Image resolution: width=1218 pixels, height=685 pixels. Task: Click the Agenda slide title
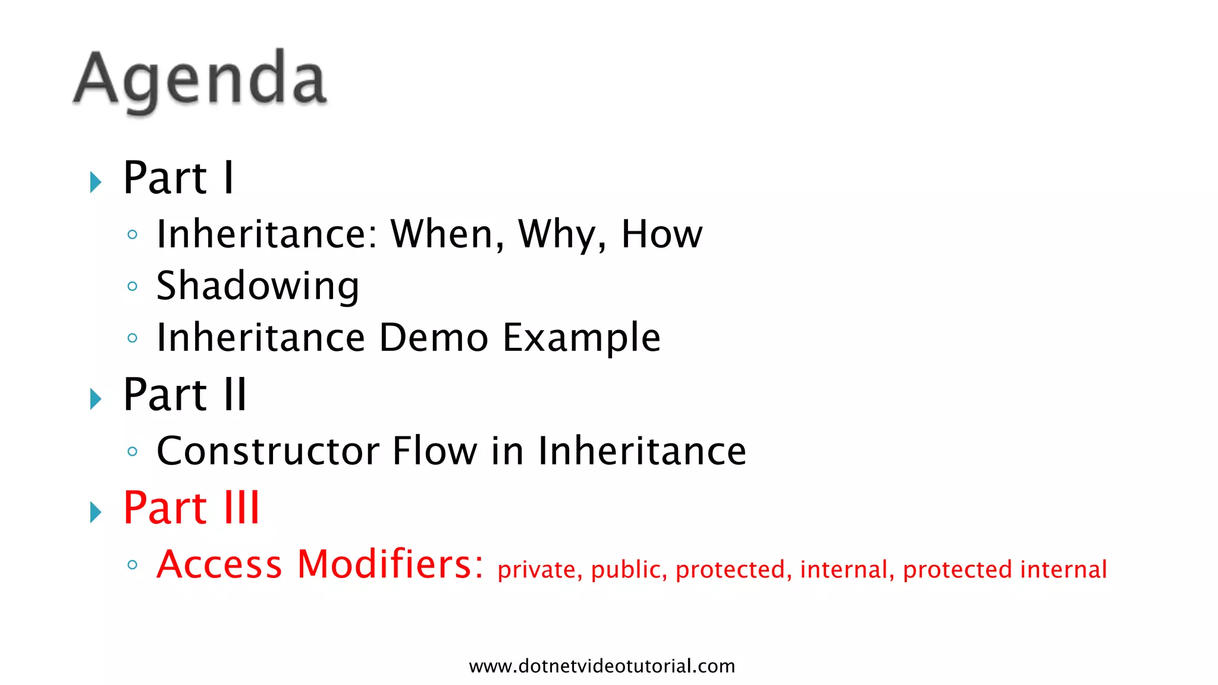click(x=200, y=80)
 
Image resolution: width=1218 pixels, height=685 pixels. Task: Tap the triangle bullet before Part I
click(x=95, y=182)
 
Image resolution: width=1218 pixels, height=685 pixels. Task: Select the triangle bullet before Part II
click(x=95, y=399)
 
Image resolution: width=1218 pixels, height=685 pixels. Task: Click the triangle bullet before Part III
click(x=95, y=512)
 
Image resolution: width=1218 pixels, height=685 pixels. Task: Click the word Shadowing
click(x=258, y=287)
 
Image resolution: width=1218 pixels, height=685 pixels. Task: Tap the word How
click(x=661, y=234)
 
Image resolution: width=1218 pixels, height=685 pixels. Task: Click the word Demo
click(x=434, y=338)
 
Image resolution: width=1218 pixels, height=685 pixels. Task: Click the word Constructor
click(x=268, y=451)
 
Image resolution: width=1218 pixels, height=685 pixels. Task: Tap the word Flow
click(x=435, y=451)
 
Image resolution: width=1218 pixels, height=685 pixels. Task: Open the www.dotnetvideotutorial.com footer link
click(x=602, y=666)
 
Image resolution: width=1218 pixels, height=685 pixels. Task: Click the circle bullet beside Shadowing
click(x=133, y=287)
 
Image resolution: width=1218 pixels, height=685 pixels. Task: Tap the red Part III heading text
click(x=192, y=508)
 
